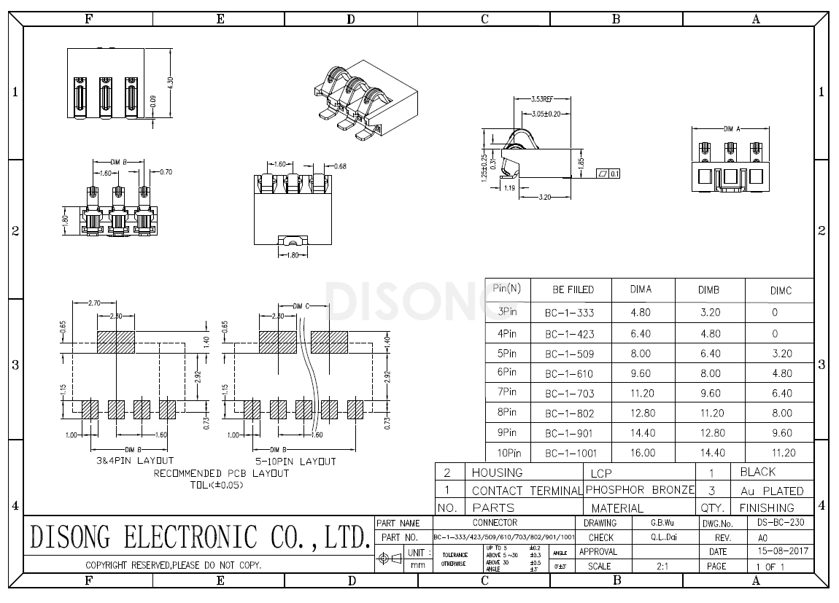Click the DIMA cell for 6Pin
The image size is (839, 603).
pyautogui.click(x=641, y=373)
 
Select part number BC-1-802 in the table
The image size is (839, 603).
pyautogui.click(x=570, y=413)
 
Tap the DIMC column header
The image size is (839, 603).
pyautogui.click(x=780, y=290)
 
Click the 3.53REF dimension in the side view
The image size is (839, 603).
pyautogui.click(x=541, y=98)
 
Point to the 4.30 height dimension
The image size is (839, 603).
pyautogui.click(x=171, y=83)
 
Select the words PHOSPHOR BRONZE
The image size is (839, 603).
pyautogui.click(x=640, y=490)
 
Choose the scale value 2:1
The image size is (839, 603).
pyautogui.click(x=662, y=566)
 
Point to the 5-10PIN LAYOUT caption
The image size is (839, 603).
pyautogui.click(x=295, y=462)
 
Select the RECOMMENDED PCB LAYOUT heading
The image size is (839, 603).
pyautogui.click(x=221, y=473)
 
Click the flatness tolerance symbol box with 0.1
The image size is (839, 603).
pyautogui.click(x=608, y=174)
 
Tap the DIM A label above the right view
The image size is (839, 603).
pyautogui.click(x=732, y=128)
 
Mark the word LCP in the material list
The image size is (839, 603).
pyautogui.click(x=601, y=473)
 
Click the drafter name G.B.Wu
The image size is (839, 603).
pyautogui.click(x=662, y=523)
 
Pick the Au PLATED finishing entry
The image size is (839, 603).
pyautogui.click(x=771, y=491)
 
